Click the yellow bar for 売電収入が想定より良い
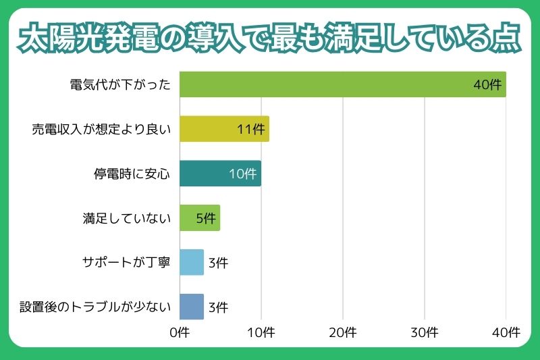[x=224, y=129]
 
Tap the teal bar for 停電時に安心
[x=220, y=174]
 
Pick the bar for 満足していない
[x=200, y=218]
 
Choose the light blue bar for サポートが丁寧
[x=192, y=262]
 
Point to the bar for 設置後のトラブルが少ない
[x=192, y=307]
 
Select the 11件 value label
[x=251, y=130]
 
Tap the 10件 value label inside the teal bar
[x=243, y=174]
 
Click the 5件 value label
[x=205, y=219]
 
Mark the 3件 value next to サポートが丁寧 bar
[x=218, y=263]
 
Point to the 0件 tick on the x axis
[x=180, y=332]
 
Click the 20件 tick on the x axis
[x=343, y=332]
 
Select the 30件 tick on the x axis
[x=425, y=332]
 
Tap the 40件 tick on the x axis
[x=506, y=332]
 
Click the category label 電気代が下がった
[x=120, y=85]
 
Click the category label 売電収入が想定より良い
[x=101, y=130]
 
